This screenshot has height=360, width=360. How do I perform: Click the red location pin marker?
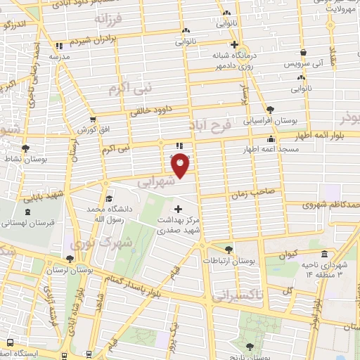point(181,165)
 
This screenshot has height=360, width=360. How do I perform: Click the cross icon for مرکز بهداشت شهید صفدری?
point(178,209)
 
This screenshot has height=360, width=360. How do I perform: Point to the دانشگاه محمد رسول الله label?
point(105,214)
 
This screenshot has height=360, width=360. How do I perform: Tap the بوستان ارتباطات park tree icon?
point(227,249)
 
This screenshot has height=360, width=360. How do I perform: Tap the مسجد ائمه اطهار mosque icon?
point(271,139)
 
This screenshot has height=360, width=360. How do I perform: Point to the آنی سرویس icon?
point(302,53)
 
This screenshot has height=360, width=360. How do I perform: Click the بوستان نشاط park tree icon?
point(26,149)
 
